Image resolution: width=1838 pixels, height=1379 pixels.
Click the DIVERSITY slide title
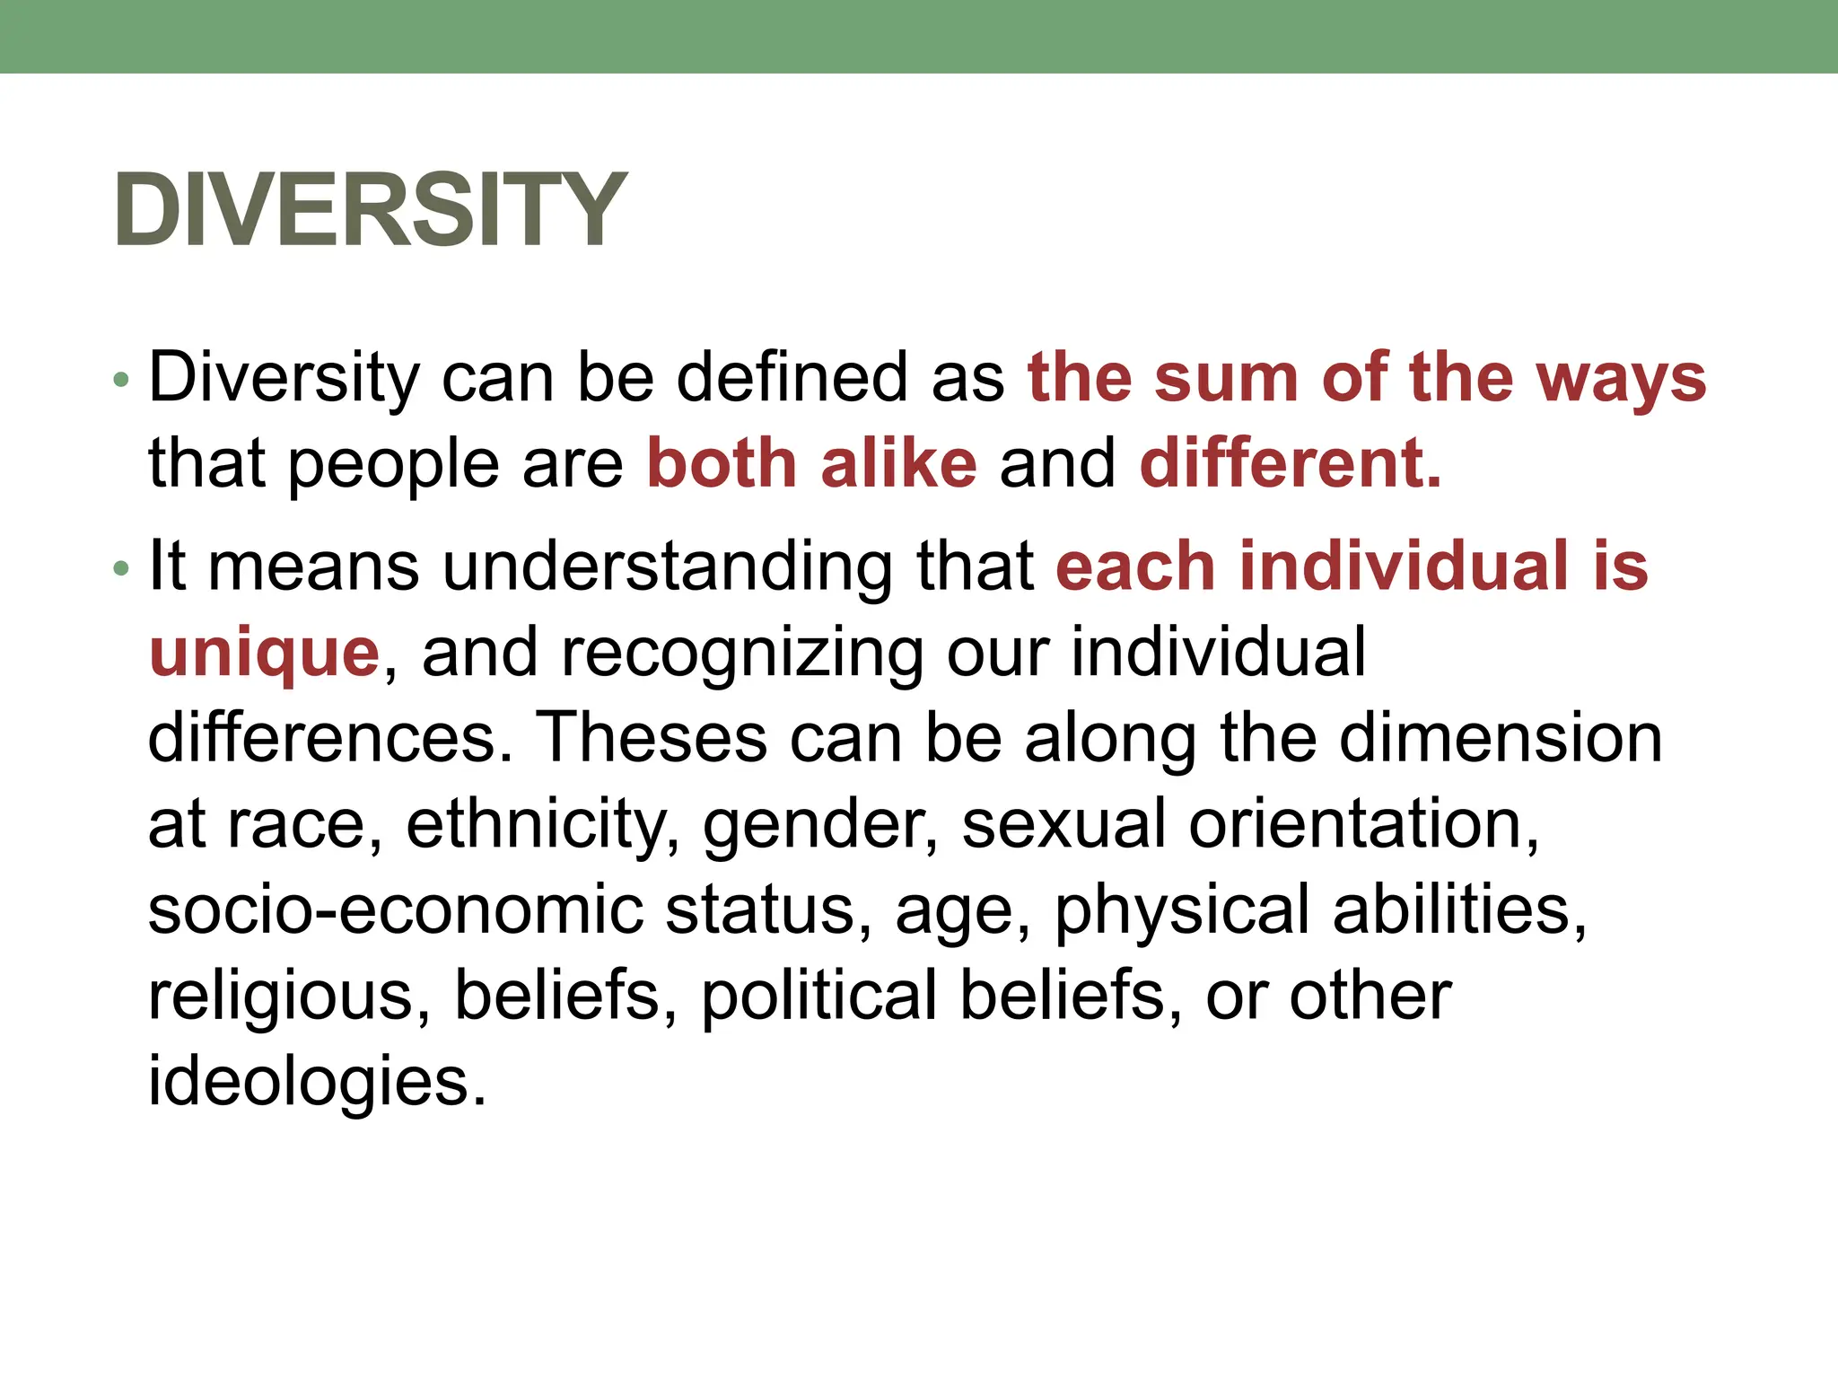point(369,209)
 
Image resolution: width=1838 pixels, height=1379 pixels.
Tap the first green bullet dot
point(122,381)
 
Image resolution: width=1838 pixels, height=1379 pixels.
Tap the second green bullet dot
point(122,569)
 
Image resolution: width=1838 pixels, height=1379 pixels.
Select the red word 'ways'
point(1621,378)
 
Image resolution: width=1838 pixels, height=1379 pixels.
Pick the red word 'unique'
point(265,654)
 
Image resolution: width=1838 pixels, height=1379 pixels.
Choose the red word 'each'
point(1135,567)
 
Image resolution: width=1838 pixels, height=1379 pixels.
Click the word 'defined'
point(792,378)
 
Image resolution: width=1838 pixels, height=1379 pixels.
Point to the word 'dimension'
point(1501,738)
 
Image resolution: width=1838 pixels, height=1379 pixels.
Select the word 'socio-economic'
point(396,909)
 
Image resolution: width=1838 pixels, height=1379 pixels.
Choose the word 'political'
point(818,995)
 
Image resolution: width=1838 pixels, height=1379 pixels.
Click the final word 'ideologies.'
point(317,1082)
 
